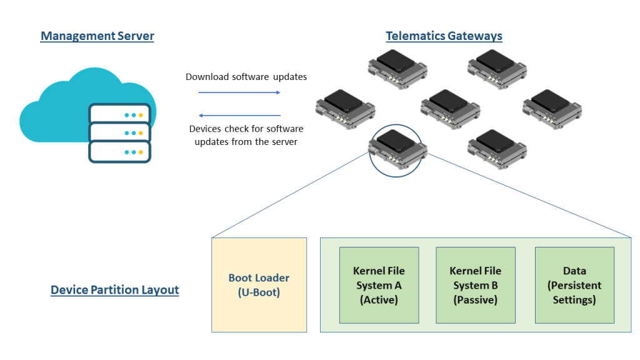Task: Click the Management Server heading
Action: coord(97,36)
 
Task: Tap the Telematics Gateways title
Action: coord(444,36)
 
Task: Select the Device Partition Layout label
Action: coord(114,290)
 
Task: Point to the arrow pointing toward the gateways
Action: coord(239,92)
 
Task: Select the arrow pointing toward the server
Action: coord(239,116)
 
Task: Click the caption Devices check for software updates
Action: coord(246,135)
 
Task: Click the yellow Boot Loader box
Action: coord(259,285)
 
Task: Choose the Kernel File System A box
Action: coord(379,285)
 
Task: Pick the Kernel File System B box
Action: coord(475,285)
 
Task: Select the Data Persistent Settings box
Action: coord(574,285)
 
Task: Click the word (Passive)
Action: coord(475,300)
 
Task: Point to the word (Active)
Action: coord(379,300)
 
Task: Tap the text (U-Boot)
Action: coord(259,292)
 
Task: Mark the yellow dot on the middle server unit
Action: coord(141,134)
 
